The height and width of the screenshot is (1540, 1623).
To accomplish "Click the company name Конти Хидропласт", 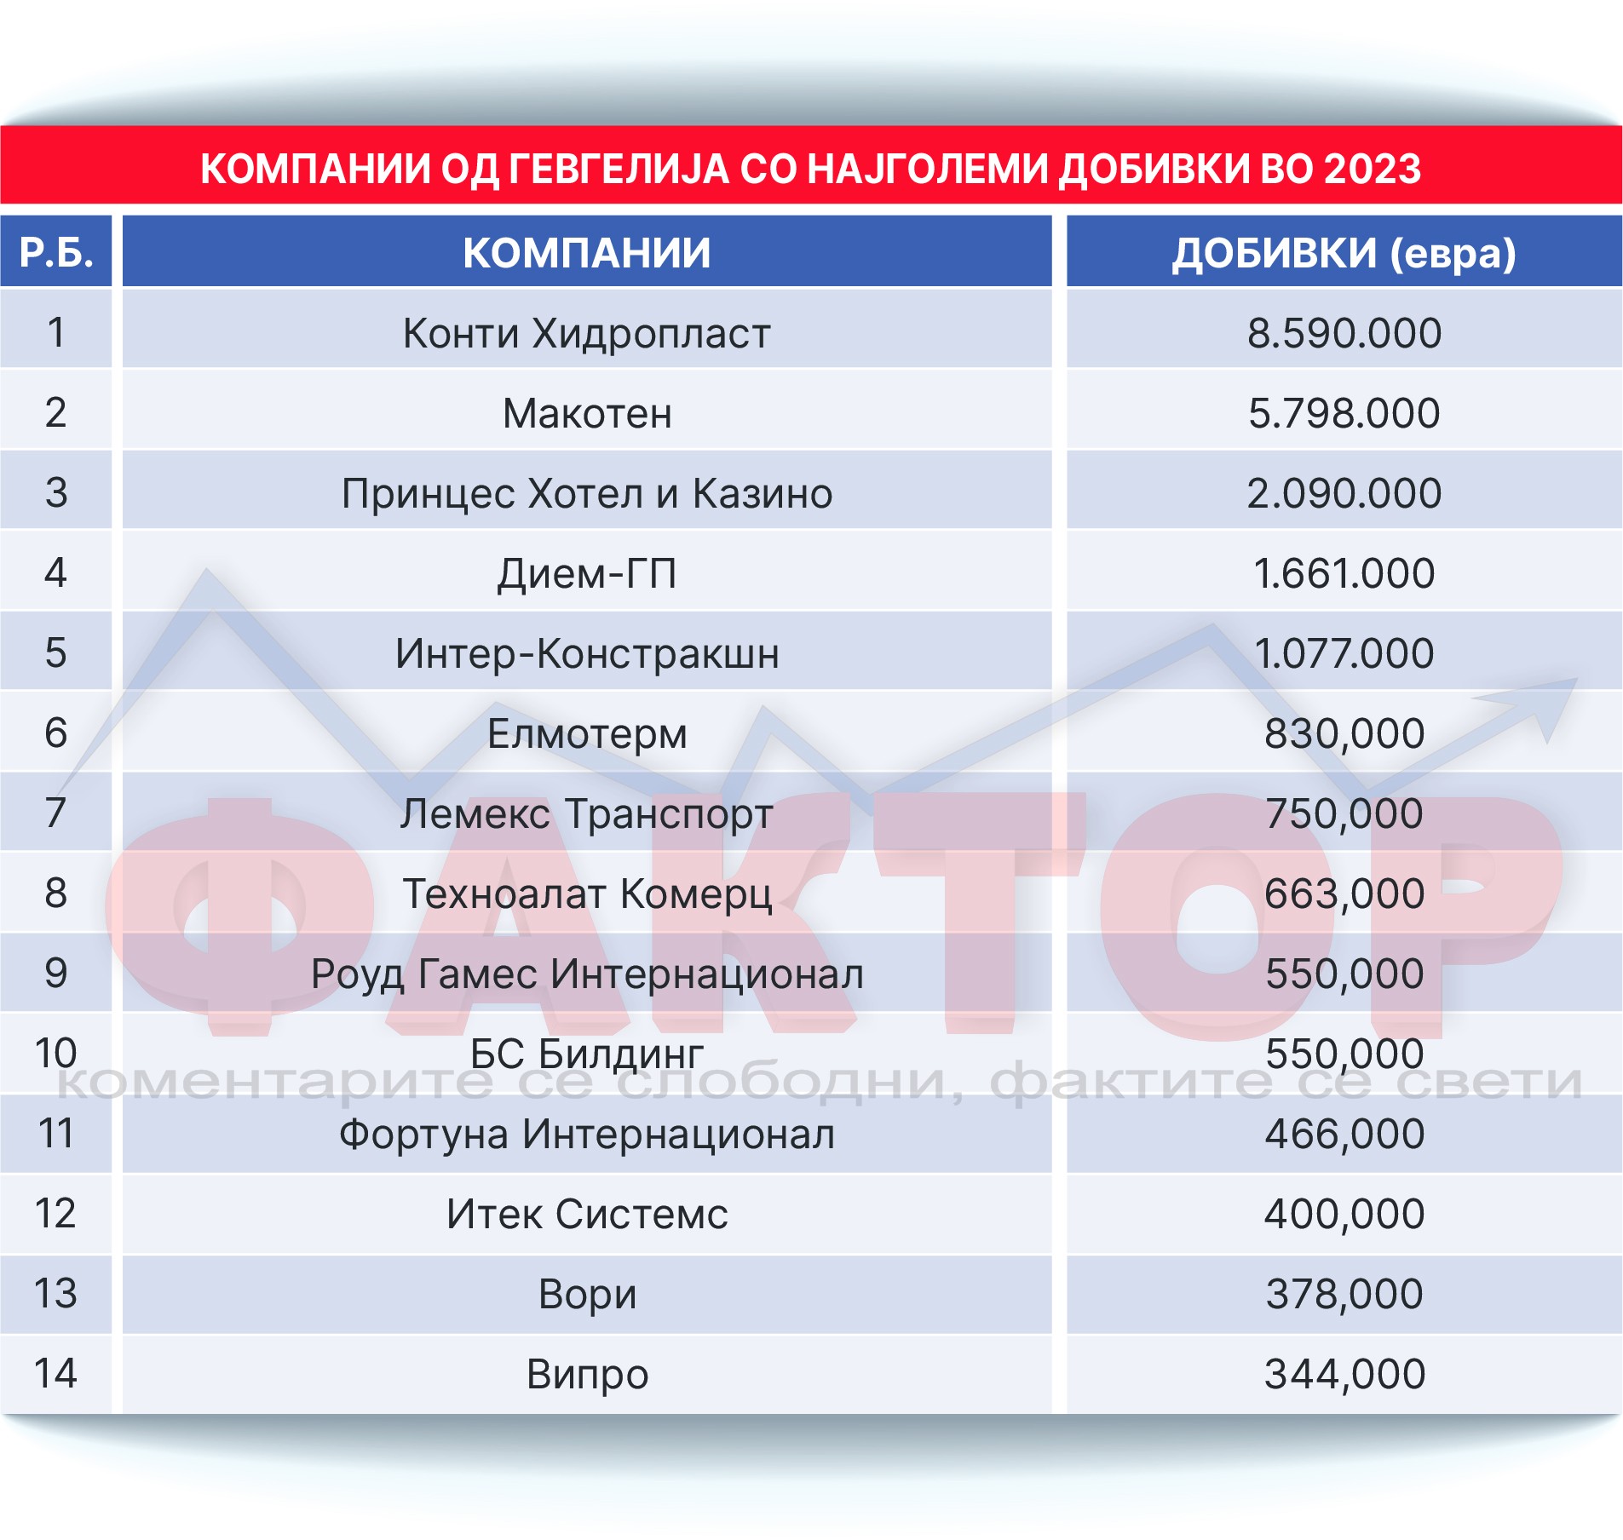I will (586, 332).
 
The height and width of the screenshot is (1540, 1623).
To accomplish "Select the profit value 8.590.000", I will (1344, 332).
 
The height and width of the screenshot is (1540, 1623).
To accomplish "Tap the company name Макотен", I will (586, 413).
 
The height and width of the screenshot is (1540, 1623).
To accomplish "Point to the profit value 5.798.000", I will (1344, 413).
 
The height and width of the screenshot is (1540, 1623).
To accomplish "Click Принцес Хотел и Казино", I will (586, 493).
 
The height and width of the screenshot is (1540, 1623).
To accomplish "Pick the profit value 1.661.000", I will (1344, 573).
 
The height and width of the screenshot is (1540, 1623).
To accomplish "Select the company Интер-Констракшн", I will (586, 653).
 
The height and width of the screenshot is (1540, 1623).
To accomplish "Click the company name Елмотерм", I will (586, 733).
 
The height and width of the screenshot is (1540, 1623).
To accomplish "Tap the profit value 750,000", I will (1344, 813).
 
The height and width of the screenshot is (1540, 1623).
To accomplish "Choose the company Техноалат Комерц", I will (586, 894).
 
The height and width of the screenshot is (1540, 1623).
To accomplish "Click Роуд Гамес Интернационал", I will (586, 974).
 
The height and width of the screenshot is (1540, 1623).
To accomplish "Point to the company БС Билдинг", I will (586, 1054).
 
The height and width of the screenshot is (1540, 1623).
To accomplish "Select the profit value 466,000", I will (1344, 1134).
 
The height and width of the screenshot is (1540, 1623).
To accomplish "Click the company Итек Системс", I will (586, 1214).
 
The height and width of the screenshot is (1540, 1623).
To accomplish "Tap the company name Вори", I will (586, 1294).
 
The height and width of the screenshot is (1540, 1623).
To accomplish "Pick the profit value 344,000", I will (1344, 1374).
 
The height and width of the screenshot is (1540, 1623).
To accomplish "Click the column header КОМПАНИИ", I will (586, 253).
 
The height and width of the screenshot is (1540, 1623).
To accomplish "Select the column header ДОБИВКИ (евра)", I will (1344, 253).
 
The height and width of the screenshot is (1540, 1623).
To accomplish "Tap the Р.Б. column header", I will (56, 253).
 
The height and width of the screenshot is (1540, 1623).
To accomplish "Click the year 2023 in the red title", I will (1372, 168).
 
